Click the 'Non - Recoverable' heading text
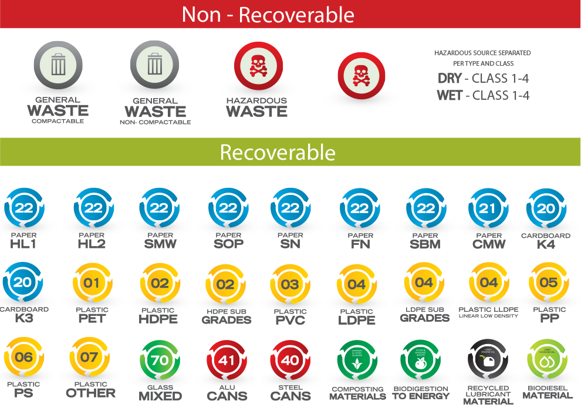coord(268,14)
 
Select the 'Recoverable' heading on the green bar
coord(278,153)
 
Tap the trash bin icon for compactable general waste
coord(58,64)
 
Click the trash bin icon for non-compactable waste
coord(154,64)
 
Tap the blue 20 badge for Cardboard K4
coord(546,209)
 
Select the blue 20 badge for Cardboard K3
coord(23,283)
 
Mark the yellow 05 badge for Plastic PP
coord(549,283)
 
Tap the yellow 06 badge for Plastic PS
coord(23,357)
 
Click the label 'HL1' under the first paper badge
coord(23,244)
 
